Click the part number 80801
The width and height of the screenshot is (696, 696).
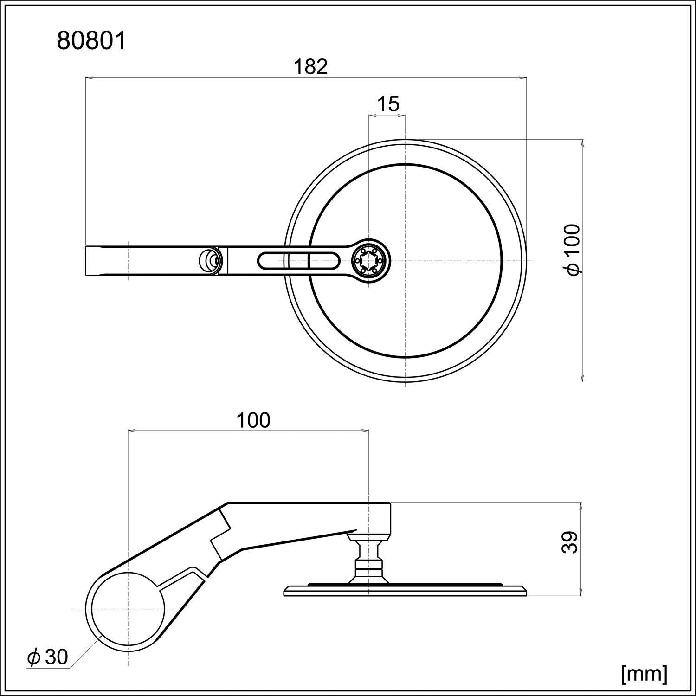click(x=91, y=41)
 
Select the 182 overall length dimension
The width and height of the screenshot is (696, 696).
click(x=310, y=67)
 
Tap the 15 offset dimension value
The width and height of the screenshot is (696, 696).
click(x=387, y=104)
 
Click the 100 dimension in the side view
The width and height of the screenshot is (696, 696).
click(x=253, y=420)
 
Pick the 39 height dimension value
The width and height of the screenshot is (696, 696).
click(x=570, y=542)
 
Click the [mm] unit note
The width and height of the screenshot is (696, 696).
click(x=644, y=673)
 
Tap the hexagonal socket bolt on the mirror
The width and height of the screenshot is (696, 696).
click(x=369, y=261)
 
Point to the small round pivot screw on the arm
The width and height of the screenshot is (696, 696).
click(x=209, y=261)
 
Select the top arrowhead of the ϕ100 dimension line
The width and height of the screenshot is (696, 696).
click(x=582, y=143)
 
